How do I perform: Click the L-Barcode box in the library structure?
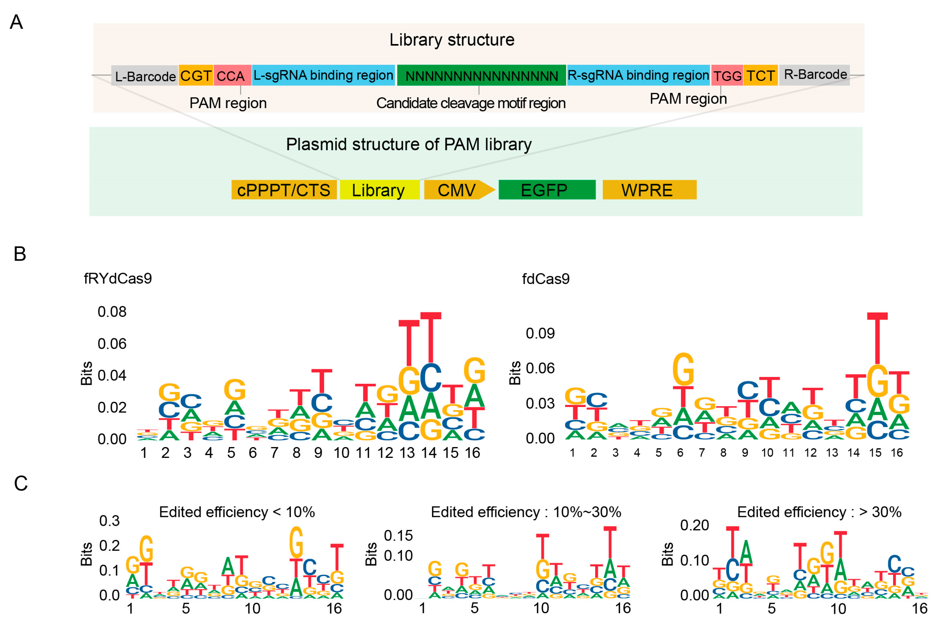[145, 76]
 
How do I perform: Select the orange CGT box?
[196, 76]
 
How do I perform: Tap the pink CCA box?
[232, 76]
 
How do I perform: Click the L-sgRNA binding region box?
[324, 76]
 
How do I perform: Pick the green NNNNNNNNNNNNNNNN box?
[481, 76]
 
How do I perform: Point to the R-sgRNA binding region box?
[638, 76]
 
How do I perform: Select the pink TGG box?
[727, 76]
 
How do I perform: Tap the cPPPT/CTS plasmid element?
[284, 190]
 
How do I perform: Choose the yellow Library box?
[379, 190]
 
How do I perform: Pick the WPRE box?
[649, 190]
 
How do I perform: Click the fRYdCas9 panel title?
[118, 279]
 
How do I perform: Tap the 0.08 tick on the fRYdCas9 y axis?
[112, 312]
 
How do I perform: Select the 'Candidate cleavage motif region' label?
[471, 103]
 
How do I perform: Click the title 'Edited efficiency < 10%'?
[237, 512]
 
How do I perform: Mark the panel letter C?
[21, 483]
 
